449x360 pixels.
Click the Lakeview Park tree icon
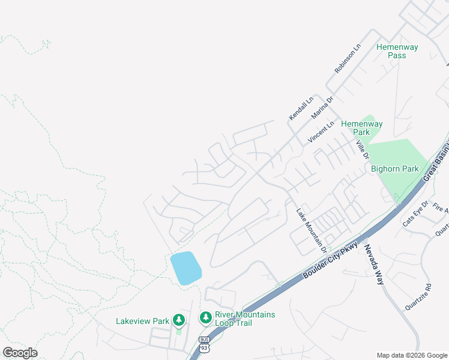tap(178, 320)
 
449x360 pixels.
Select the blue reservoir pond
tap(185, 268)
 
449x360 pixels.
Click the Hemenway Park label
tap(361, 128)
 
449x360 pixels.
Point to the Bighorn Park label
tap(394, 169)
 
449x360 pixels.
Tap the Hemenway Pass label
tap(397, 51)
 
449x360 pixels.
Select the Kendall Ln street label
tap(301, 107)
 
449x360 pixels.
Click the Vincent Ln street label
tap(321, 132)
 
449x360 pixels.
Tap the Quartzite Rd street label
tap(418, 296)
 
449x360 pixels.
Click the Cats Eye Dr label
tap(415, 213)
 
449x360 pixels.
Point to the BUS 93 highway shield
tap(204, 344)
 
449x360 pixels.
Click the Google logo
tap(20, 353)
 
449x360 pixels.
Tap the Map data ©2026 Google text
tap(412, 355)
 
